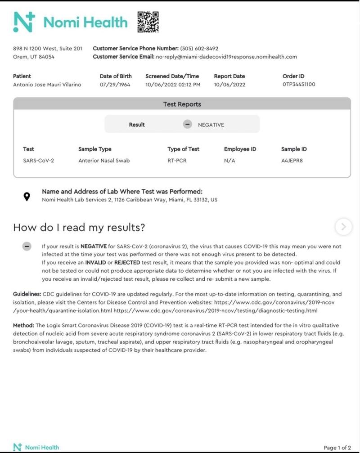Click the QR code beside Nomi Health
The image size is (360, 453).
[148, 22]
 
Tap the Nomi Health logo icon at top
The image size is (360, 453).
[24, 22]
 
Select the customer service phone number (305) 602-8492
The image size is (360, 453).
[199, 49]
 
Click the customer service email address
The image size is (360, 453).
[226, 57]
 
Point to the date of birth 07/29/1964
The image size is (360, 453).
[115, 85]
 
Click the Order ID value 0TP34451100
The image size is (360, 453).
[299, 85]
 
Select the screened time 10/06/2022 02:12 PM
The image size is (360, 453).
[173, 85]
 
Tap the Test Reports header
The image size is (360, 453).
[182, 104]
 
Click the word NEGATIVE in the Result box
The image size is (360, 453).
[211, 125]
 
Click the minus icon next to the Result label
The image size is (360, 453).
[188, 125]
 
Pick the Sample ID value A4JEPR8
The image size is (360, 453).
[292, 160]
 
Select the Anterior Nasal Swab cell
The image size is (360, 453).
[104, 160]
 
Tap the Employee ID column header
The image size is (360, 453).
[240, 149]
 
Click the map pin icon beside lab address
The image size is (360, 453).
[27, 196]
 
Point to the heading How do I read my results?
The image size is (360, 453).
[79, 228]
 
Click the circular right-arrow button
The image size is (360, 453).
[344, 227]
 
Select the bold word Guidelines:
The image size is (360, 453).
[27, 294]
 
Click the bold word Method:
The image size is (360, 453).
[23, 325]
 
